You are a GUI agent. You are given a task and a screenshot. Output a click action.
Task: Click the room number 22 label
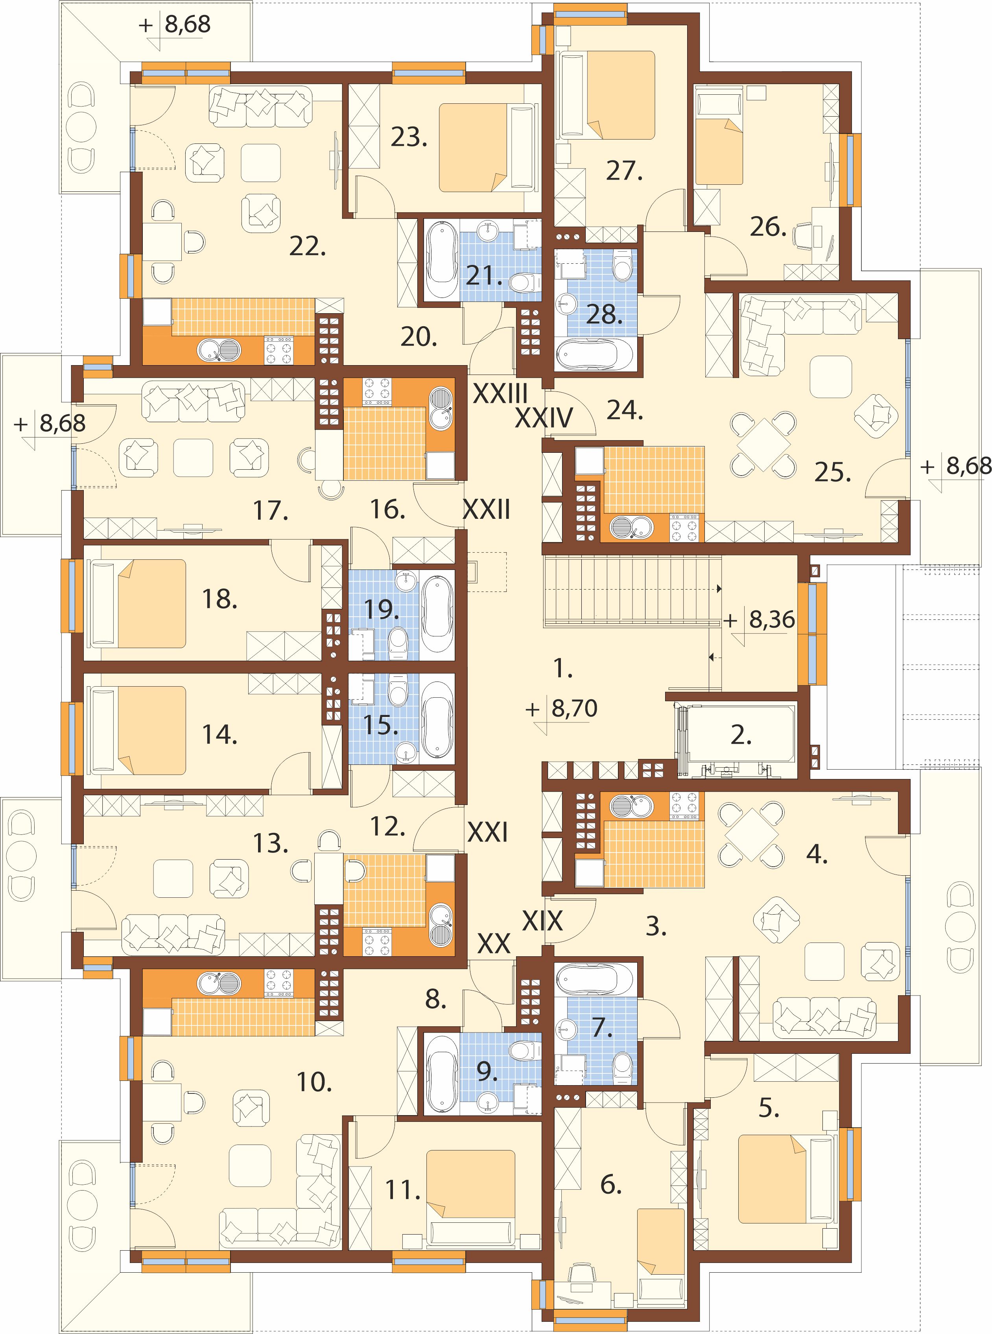(308, 246)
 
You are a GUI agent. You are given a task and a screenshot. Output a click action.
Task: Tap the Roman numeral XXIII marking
(501, 394)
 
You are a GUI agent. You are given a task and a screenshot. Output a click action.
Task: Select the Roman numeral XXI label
(488, 832)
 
